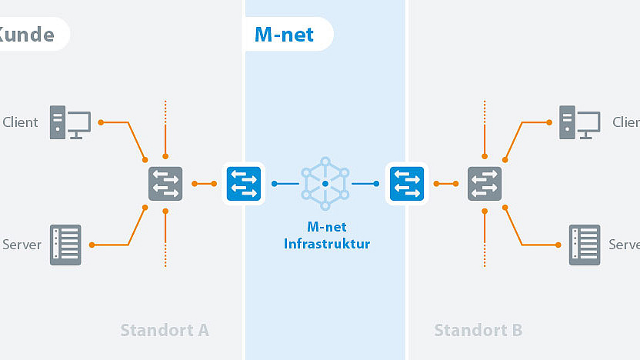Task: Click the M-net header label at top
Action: (x=284, y=35)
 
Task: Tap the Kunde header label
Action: (x=28, y=35)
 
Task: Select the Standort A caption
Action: (x=165, y=330)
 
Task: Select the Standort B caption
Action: (x=478, y=330)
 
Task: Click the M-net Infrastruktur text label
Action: (x=326, y=236)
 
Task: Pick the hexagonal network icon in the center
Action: (x=325, y=184)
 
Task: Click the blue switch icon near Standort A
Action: (x=244, y=184)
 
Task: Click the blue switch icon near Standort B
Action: (x=407, y=184)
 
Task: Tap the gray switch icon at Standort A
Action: (x=165, y=184)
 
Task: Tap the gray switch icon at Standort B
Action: (x=485, y=184)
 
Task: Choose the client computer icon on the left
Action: (x=70, y=122)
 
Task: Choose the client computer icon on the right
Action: (x=579, y=122)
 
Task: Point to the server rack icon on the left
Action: (x=65, y=245)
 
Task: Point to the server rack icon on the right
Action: (x=585, y=245)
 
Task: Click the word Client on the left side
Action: (x=21, y=122)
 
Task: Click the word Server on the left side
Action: (x=22, y=245)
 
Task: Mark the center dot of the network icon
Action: (x=325, y=184)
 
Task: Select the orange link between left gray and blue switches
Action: (x=204, y=184)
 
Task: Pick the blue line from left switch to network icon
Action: (x=285, y=184)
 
